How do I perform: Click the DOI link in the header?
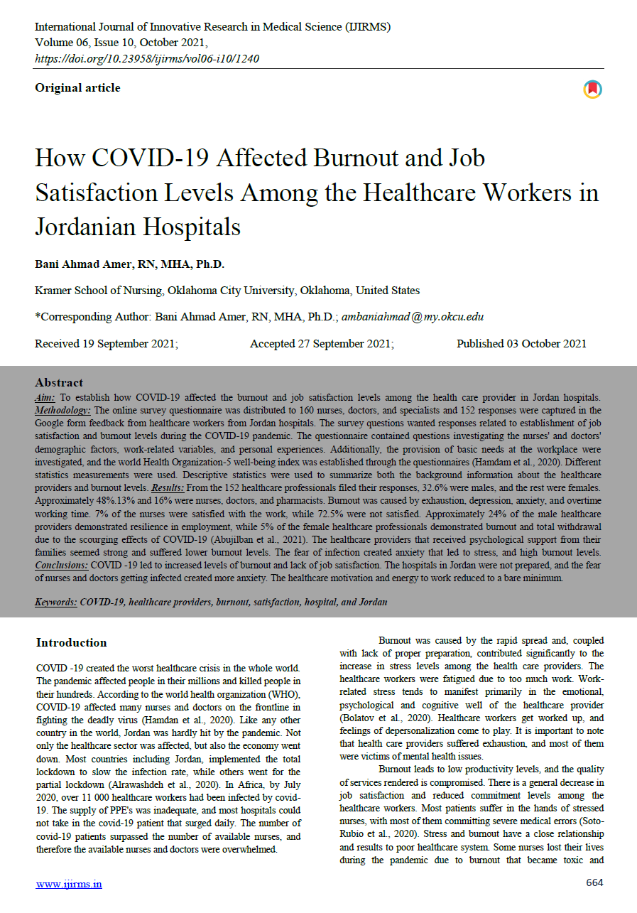[x=146, y=58]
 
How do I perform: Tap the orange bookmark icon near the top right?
[x=592, y=89]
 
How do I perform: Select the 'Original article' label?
[x=77, y=88]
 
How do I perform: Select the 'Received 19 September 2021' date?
[x=106, y=344]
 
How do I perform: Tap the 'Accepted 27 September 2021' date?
[x=322, y=344]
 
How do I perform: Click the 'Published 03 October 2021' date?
[x=521, y=344]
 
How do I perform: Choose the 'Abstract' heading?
[x=59, y=382]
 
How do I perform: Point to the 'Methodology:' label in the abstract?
[x=63, y=411]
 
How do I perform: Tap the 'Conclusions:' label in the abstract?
[x=61, y=564]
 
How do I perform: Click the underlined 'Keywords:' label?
[x=56, y=603]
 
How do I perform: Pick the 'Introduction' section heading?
[x=71, y=643]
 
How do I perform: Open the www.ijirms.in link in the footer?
[x=69, y=884]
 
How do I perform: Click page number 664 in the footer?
[x=594, y=883]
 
